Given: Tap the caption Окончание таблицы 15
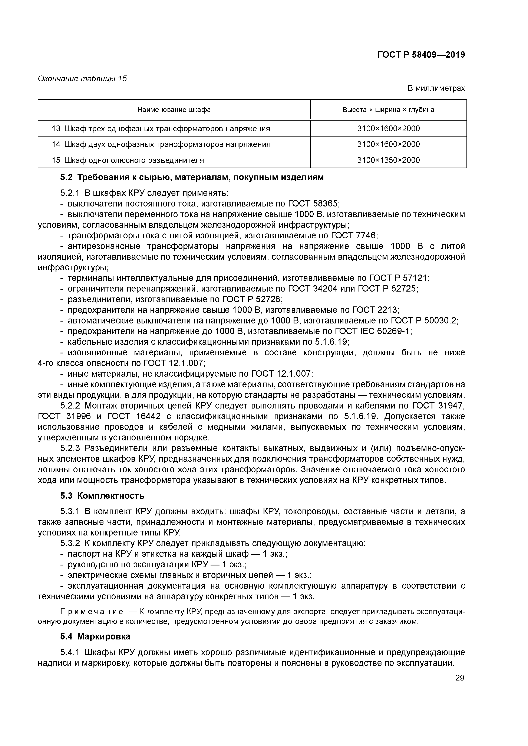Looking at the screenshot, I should pyautogui.click(x=82, y=79).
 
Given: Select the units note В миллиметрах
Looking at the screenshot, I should pyautogui.click(x=436, y=88).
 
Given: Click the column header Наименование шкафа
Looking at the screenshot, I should pyautogui.click(x=174, y=110).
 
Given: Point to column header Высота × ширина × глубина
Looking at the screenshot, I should pyautogui.click(x=388, y=110).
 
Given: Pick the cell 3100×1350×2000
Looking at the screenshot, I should pyautogui.click(x=388, y=160).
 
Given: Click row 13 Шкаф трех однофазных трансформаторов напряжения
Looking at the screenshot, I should pyautogui.click(x=161, y=129).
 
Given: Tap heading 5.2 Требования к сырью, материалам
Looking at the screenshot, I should pyautogui.click(x=192, y=177).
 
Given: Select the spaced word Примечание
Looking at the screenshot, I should pyautogui.click(x=92, y=612).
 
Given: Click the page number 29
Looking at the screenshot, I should pyautogui.click(x=460, y=678).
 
